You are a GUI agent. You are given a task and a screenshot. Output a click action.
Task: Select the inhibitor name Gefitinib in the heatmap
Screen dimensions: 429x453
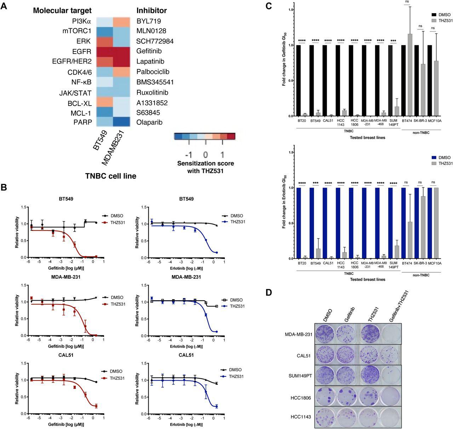tap(149, 51)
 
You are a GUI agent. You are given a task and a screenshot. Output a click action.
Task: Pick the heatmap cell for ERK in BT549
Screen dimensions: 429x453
tap(105, 41)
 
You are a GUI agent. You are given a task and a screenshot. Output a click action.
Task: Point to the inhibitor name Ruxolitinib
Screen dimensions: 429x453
tap(152, 93)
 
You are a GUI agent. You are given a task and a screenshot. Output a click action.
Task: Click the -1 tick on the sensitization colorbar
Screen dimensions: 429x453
tap(188, 155)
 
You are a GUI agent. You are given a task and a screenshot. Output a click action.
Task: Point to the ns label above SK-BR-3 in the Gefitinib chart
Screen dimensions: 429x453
tap(420, 26)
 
